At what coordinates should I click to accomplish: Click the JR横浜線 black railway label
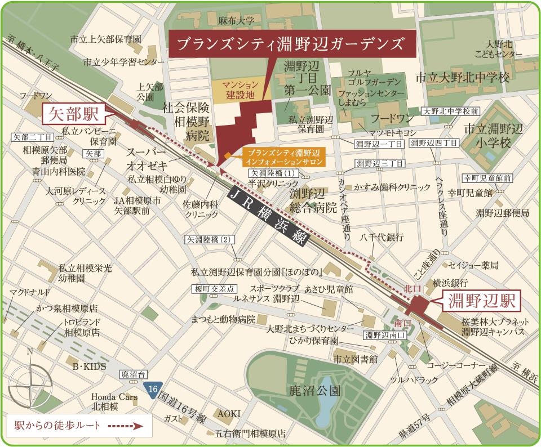point(265,217)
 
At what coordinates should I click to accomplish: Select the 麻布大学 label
point(237,21)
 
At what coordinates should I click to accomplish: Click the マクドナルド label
point(30,292)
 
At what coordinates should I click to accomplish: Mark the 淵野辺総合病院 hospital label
point(313,200)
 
